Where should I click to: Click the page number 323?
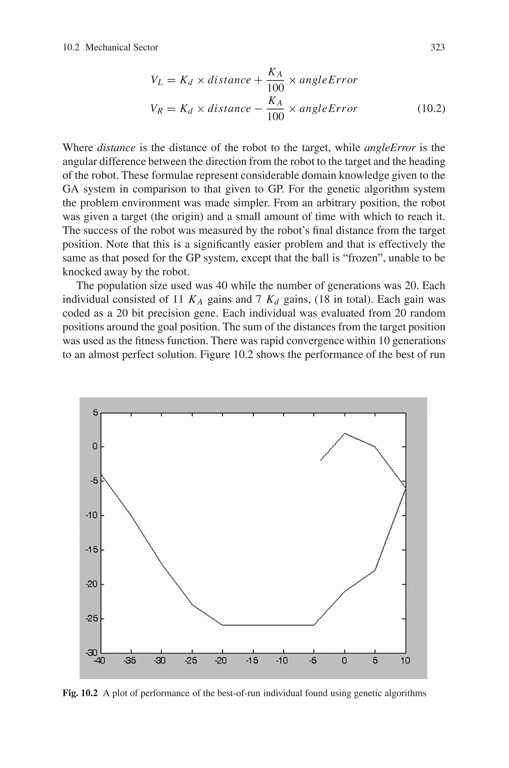tap(437, 47)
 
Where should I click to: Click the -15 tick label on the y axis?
tap(92, 550)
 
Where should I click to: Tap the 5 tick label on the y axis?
tap(95, 413)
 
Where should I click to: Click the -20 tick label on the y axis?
tap(92, 584)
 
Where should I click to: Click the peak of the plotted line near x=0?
tap(344, 433)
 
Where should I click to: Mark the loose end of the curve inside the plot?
tap(321, 460)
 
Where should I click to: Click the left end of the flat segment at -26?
tap(223, 625)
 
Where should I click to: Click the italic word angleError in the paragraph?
tap(389, 148)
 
